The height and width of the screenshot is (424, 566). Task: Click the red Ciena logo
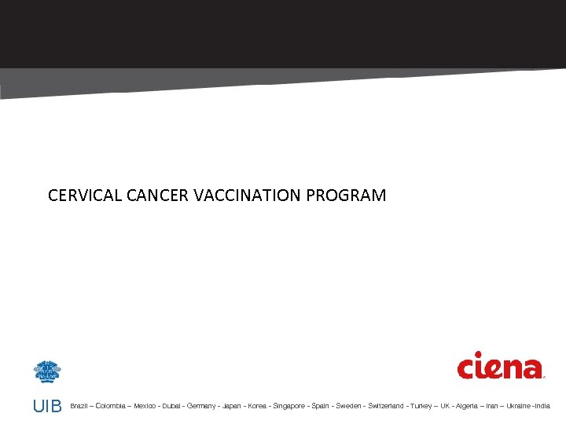pos(500,367)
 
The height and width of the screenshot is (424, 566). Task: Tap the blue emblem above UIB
pos(47,371)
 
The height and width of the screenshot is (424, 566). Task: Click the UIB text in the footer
pos(47,406)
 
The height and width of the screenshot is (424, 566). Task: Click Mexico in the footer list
pos(145,406)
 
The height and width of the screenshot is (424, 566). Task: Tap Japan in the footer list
pos(232,406)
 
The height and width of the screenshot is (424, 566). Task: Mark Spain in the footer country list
pos(321,406)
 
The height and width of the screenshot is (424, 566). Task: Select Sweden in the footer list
pos(348,406)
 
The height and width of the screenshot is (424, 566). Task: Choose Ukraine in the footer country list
pos(518,406)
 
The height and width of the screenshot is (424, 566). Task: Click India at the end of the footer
pos(543,406)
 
